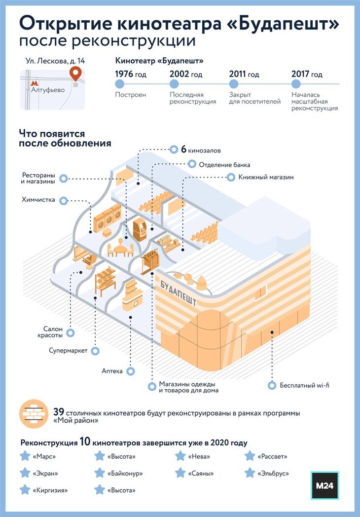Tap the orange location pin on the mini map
click(75, 74)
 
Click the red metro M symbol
click(35, 84)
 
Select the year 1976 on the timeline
click(130, 74)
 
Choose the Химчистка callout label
click(38, 200)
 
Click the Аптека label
click(112, 371)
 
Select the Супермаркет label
click(68, 351)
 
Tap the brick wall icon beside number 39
click(33, 415)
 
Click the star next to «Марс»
click(25, 456)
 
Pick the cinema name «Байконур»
click(125, 473)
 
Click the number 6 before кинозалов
click(183, 149)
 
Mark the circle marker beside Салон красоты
click(71, 332)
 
